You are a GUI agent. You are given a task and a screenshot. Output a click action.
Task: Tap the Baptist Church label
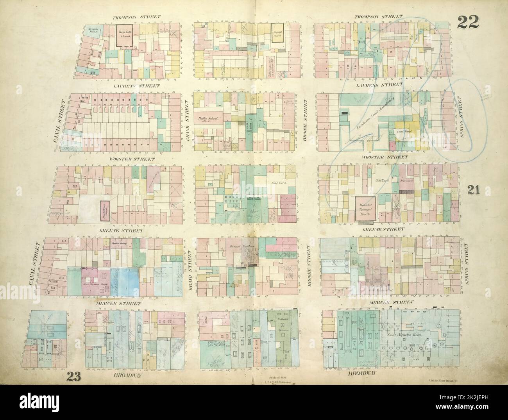coord(277,36)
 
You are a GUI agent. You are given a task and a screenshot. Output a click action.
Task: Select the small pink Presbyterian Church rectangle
coord(104,209)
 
